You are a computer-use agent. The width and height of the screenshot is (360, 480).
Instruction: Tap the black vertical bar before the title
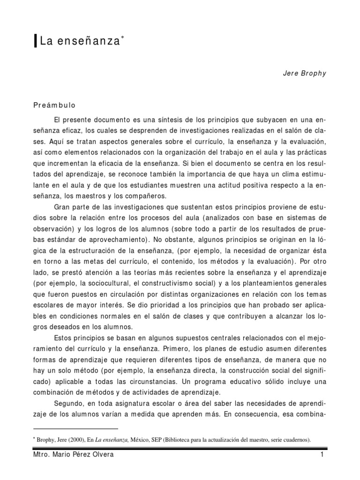[36, 42]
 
